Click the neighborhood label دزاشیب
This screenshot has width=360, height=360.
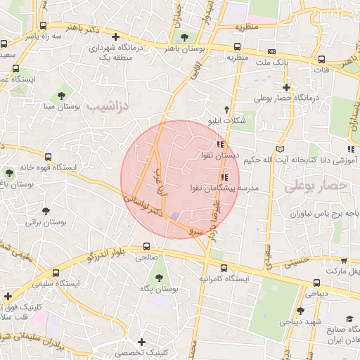click(x=108, y=105)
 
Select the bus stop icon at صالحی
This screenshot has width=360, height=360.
click(x=146, y=247)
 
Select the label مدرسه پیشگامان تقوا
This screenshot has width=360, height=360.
click(x=224, y=188)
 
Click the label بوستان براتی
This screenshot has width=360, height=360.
click(x=45, y=221)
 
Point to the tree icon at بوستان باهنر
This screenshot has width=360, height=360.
click(x=184, y=37)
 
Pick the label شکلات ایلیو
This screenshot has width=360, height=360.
click(x=225, y=120)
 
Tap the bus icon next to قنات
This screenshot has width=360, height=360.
click(x=321, y=60)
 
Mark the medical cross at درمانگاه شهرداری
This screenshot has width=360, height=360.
click(x=116, y=37)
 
